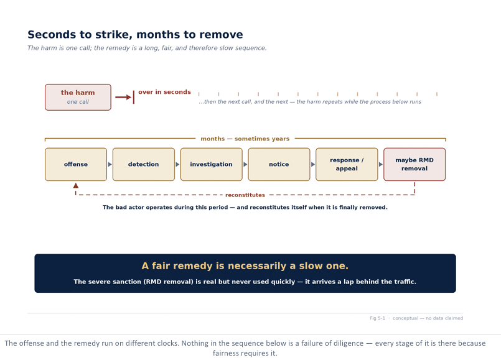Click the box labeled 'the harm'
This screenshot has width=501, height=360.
[x=78, y=98]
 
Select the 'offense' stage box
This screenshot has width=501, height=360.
[x=76, y=164]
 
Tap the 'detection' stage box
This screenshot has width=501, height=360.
[x=144, y=164]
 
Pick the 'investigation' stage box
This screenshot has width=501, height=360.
[x=211, y=164]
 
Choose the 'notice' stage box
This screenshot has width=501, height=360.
[x=279, y=164]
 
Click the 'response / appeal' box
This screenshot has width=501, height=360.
[x=347, y=164]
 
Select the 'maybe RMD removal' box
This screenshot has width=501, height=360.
[x=414, y=164]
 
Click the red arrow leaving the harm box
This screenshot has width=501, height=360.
[x=123, y=98]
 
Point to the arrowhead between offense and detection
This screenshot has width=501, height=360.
[x=110, y=164]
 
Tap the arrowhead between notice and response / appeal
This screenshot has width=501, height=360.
[x=313, y=164]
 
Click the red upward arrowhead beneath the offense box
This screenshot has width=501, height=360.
[x=76, y=185]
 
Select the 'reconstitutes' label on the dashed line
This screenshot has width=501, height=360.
[x=245, y=195]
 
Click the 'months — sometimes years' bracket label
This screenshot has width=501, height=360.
[x=245, y=139]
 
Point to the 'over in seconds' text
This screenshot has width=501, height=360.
[x=164, y=92]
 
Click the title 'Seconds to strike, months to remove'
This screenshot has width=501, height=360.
[x=135, y=34]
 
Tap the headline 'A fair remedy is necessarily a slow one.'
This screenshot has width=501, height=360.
[x=245, y=266]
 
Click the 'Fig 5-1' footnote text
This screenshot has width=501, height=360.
[x=377, y=318]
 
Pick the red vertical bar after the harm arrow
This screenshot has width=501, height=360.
[x=134, y=97]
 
